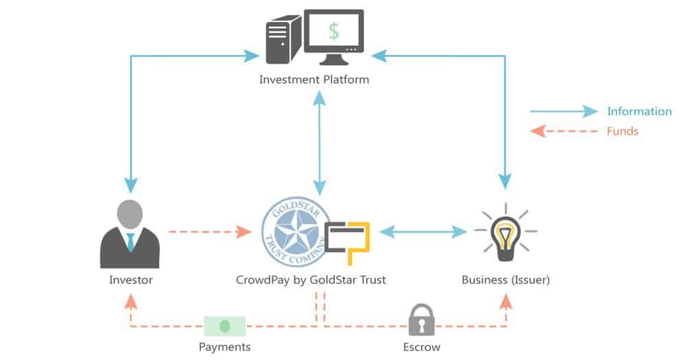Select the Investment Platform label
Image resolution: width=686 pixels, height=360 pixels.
(314, 80)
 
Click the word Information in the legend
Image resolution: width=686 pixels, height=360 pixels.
(639, 112)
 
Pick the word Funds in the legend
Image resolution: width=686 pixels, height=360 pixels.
(622, 131)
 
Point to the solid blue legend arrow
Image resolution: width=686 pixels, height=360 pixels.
(564, 112)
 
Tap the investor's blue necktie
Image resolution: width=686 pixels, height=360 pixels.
(130, 241)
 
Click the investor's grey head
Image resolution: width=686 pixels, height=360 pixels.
(130, 214)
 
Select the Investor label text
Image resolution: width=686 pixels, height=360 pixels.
(130, 280)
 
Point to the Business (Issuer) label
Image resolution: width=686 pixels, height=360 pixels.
(506, 280)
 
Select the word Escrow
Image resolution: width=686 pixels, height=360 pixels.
(421, 347)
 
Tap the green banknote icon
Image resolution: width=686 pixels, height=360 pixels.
(224, 326)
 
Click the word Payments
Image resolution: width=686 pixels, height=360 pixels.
(224, 347)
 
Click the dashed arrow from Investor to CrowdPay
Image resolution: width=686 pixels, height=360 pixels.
(209, 232)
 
